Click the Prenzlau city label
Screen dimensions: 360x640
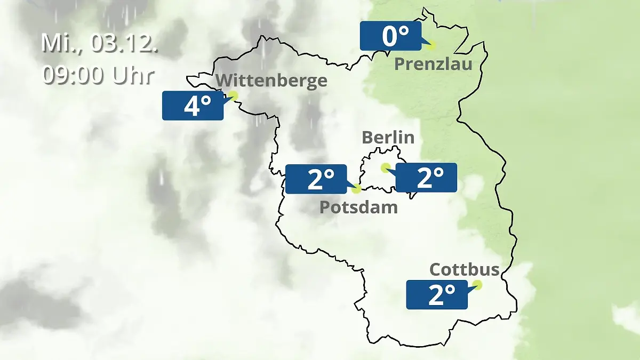[433, 65]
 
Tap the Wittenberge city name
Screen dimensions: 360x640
[272, 81]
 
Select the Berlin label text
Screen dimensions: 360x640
[388, 137]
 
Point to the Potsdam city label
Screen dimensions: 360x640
[358, 207]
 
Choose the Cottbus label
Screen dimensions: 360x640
[464, 269]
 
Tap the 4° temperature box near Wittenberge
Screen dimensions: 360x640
[193, 106]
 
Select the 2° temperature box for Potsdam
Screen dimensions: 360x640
[316, 179]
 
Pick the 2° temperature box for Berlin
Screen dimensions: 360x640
[426, 178]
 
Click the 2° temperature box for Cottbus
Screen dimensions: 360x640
[437, 294]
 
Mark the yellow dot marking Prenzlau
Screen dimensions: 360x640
[430, 45]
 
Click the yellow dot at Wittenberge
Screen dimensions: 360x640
[233, 95]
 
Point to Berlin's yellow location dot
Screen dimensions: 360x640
[385, 167]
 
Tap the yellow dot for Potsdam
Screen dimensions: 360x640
[356, 188]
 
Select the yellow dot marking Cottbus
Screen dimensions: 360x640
[477, 285]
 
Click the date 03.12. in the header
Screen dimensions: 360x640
[124, 43]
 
